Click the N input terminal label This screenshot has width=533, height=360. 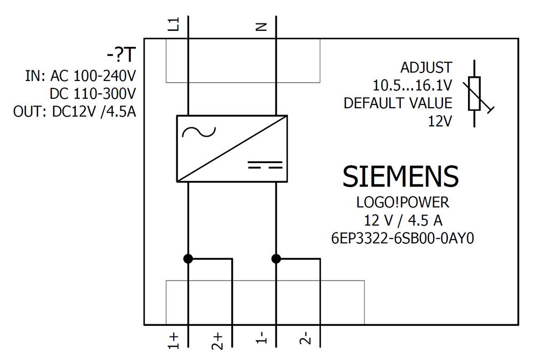click(261, 26)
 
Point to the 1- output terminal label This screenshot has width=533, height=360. click(261, 339)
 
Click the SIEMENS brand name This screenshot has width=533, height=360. click(400, 177)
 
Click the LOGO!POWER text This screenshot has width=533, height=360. click(402, 203)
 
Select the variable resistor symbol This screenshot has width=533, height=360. click(475, 93)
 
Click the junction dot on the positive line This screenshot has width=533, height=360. click(188, 259)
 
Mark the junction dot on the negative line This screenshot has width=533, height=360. click(276, 259)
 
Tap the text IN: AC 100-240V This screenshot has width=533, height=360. click(80, 76)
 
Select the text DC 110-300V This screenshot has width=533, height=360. click(93, 94)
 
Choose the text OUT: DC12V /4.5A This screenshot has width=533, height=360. click(75, 112)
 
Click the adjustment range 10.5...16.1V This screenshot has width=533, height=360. click(412, 85)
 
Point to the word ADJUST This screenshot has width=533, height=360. click(426, 68)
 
